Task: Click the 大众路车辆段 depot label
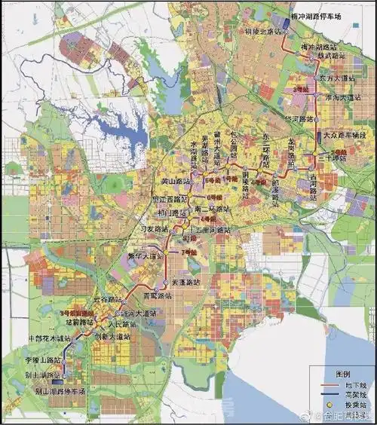point(345,136)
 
